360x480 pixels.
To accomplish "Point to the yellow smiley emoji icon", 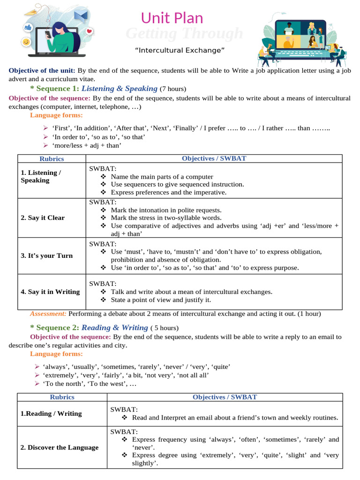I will coord(26,42).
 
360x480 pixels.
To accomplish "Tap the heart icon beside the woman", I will coord(90,31).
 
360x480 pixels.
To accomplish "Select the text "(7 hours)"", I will coord(173,89).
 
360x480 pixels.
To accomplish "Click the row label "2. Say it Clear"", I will coord(43,217).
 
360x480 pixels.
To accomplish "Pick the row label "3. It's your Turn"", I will coord(46,255).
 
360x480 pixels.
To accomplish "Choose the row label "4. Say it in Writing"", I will coord(50,292).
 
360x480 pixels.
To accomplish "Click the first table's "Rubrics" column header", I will coord(51,158).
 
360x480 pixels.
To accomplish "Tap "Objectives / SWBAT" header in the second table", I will coord(225,397).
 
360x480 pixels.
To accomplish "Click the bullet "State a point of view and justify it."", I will coord(161,300).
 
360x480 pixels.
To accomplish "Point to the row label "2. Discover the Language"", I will coord(60,447).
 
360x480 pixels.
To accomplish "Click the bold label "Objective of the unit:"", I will coord(42,71).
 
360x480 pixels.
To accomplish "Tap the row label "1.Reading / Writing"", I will coord(51,413).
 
